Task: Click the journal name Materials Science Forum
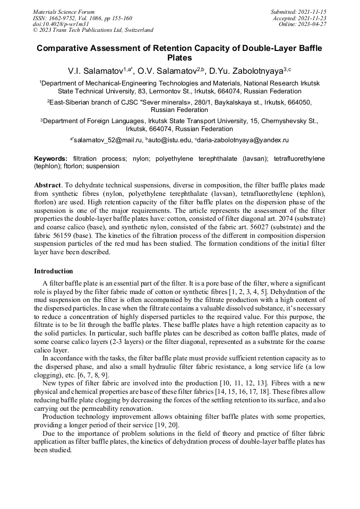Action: [64, 11]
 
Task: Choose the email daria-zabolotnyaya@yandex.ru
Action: [244, 140]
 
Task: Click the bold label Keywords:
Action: [51, 158]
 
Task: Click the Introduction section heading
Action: [54, 271]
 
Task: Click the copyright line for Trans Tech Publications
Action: [93, 30]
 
